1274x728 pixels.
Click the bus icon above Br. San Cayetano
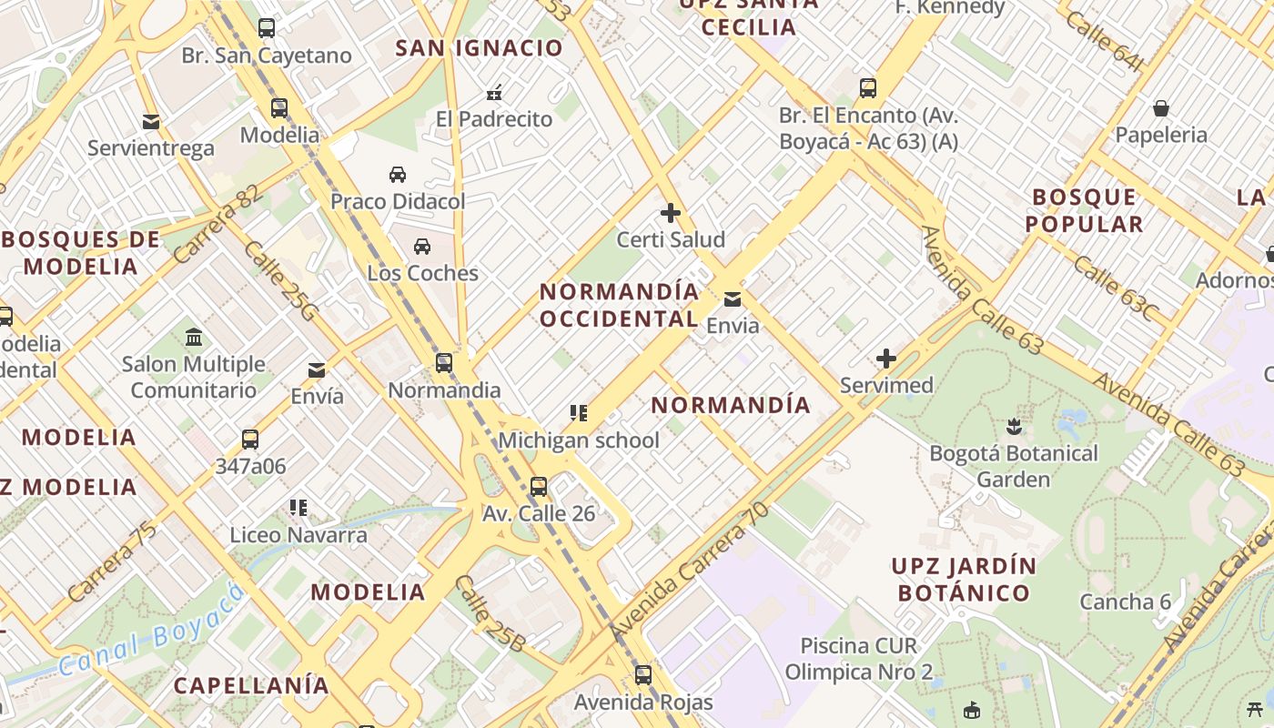tap(267, 28)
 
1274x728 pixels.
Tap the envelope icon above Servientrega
tap(151, 121)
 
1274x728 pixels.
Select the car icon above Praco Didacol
tap(398, 174)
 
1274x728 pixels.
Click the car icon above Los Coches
tap(422, 246)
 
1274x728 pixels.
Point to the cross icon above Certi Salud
tap(671, 213)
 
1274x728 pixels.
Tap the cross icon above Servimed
tap(886, 359)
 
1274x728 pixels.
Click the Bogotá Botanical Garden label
tap(1014, 466)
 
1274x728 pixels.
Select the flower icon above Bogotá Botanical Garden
tap(1014, 426)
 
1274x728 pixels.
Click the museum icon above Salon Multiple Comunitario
tap(194, 338)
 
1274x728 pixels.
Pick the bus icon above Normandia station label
tap(444, 363)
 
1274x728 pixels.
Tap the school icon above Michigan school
tap(579, 414)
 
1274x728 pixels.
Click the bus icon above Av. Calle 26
tap(539, 487)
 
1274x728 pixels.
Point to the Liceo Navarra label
tap(298, 534)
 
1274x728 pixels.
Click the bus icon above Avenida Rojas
tap(643, 675)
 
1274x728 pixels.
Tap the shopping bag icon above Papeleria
tap(1161, 108)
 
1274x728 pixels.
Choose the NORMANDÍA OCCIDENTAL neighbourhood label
tap(620, 305)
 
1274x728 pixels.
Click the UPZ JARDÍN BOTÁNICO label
tap(964, 580)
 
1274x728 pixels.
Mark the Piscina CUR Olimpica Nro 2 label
tap(858, 659)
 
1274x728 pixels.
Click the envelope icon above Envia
tap(733, 298)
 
